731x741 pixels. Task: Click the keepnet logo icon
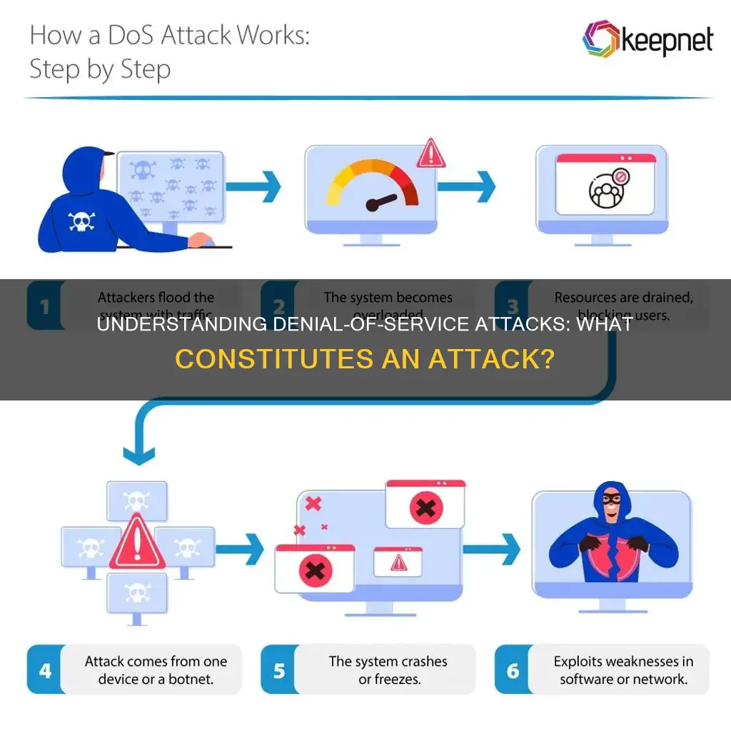(x=600, y=40)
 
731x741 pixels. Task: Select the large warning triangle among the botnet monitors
(x=137, y=545)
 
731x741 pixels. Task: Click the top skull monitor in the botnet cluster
(x=137, y=500)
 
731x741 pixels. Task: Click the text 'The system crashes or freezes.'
(x=388, y=670)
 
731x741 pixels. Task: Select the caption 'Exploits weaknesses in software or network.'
(x=621, y=670)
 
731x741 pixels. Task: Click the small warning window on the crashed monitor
(x=398, y=563)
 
